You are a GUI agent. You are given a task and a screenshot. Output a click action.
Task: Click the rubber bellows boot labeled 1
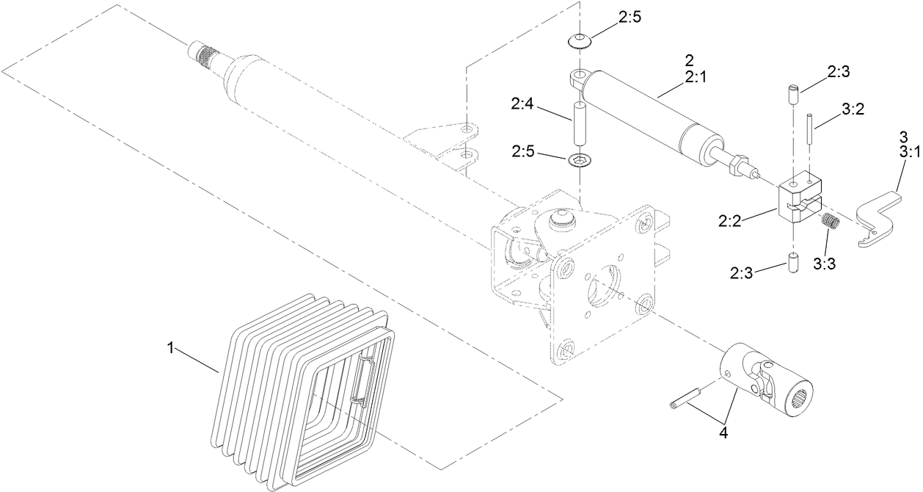(x=301, y=389)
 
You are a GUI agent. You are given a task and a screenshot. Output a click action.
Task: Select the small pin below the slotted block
(x=792, y=263)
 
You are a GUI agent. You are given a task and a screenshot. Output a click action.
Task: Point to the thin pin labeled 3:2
(x=811, y=129)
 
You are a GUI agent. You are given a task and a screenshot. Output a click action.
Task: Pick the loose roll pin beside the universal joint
(x=685, y=399)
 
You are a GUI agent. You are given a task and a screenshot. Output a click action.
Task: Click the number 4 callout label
(x=723, y=433)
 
